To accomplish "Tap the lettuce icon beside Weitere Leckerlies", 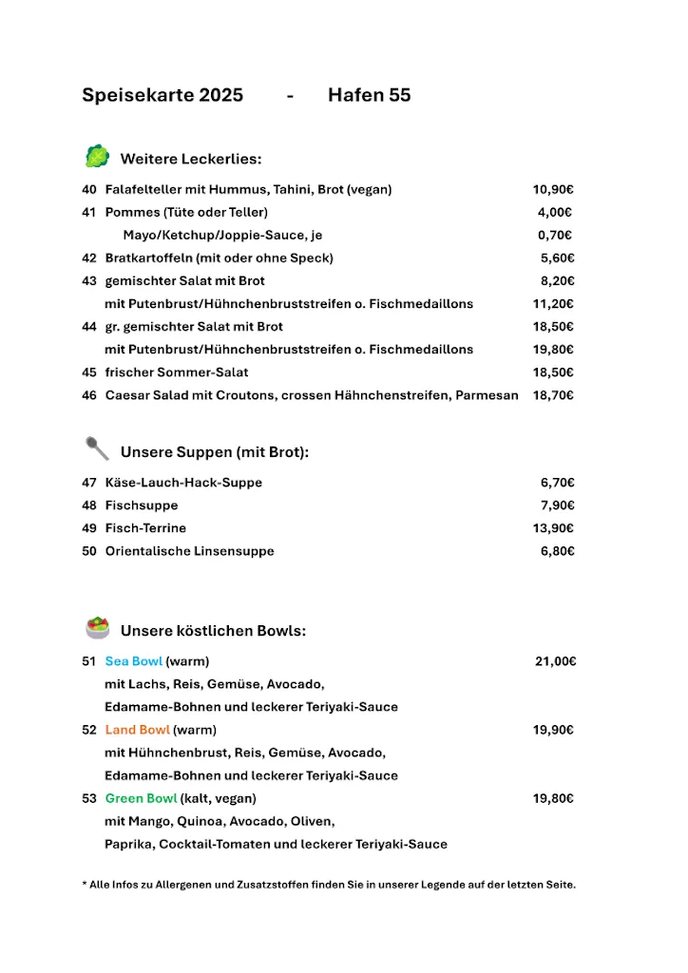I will pyautogui.click(x=97, y=157).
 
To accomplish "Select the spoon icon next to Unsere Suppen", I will pyautogui.click(x=97, y=448).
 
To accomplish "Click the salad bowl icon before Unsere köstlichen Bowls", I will pyautogui.click(x=97, y=628).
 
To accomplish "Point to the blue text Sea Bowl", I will pyautogui.click(x=134, y=661).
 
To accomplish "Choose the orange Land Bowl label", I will pyautogui.click(x=138, y=730).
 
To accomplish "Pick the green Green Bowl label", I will pyautogui.click(x=141, y=798).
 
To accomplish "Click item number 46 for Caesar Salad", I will pyautogui.click(x=89, y=395).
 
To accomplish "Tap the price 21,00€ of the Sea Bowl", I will pyautogui.click(x=556, y=661).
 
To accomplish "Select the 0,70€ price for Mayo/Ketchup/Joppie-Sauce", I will pyautogui.click(x=555, y=236).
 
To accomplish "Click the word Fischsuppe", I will pyautogui.click(x=142, y=506).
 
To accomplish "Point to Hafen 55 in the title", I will pyautogui.click(x=369, y=95).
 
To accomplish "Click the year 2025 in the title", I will pyautogui.click(x=220, y=95).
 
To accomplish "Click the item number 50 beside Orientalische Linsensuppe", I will pyautogui.click(x=89, y=551).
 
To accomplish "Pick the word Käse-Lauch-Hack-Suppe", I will pyautogui.click(x=183, y=483).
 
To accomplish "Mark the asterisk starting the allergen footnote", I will pyautogui.click(x=85, y=884).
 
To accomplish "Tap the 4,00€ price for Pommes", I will pyautogui.click(x=555, y=213).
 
